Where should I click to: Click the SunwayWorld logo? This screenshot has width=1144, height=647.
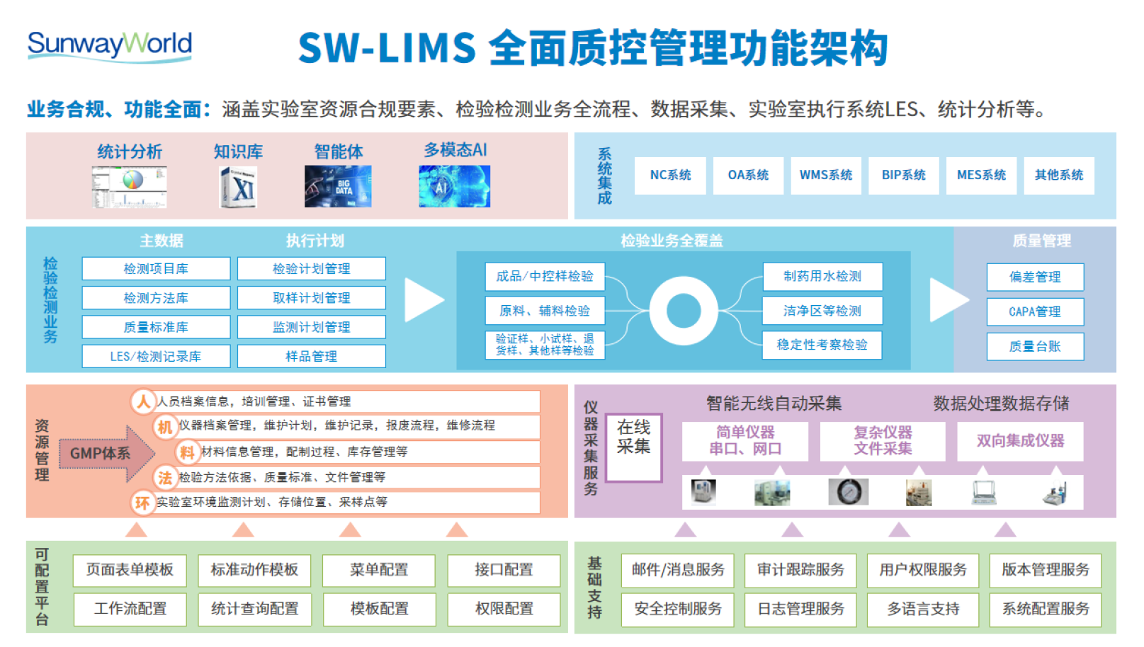(110, 45)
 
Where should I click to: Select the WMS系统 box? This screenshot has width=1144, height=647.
(826, 176)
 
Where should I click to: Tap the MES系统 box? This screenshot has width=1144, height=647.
(981, 176)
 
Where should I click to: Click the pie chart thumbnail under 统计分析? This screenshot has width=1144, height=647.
(130, 187)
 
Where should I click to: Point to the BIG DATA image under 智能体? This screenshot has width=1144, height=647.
(338, 186)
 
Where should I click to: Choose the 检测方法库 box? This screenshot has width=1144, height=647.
(156, 298)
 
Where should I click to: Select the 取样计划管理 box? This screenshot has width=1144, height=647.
(312, 298)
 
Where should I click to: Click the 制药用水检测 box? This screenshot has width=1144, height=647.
(822, 277)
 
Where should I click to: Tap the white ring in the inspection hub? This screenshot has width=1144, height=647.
(684, 311)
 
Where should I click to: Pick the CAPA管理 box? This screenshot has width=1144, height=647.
(1035, 311)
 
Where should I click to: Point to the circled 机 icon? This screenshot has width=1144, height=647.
(165, 427)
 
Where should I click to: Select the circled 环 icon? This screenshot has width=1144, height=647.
(142, 503)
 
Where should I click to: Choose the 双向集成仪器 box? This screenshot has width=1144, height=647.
(1020, 441)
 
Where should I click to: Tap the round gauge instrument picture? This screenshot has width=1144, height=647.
(848, 491)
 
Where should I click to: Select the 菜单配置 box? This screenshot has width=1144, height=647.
(379, 570)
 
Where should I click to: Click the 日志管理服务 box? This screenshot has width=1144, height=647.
(800, 609)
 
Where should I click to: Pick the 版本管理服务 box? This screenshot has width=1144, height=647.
(1045, 570)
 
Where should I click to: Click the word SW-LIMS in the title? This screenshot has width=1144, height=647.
(387, 48)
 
